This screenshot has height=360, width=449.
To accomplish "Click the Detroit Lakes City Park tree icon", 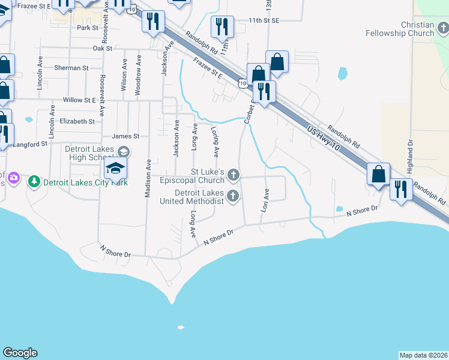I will pyautogui.click(x=34, y=181).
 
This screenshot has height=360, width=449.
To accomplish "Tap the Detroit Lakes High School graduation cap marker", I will pyautogui.click(x=116, y=168).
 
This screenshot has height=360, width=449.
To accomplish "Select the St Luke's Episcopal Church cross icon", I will pyautogui.click(x=234, y=175).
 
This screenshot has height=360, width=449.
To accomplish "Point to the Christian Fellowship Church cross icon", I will pyautogui.click(x=442, y=28).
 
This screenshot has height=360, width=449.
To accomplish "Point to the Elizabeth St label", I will pyautogui.click(x=77, y=121).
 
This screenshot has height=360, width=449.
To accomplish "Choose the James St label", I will pyautogui.click(x=125, y=136).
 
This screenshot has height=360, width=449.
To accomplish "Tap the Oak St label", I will pyautogui.click(x=103, y=48).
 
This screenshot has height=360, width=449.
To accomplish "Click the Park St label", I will pyautogui.click(x=87, y=28).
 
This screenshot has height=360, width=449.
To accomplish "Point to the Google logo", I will pyautogui.click(x=20, y=353).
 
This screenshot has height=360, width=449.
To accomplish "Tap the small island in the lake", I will pyautogui.click(x=180, y=328).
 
